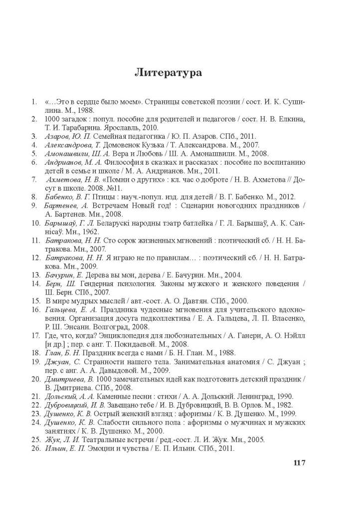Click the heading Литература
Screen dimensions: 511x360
(x=168, y=73)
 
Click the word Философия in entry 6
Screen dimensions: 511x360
(x=115, y=162)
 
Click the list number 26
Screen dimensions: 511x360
(x=35, y=449)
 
